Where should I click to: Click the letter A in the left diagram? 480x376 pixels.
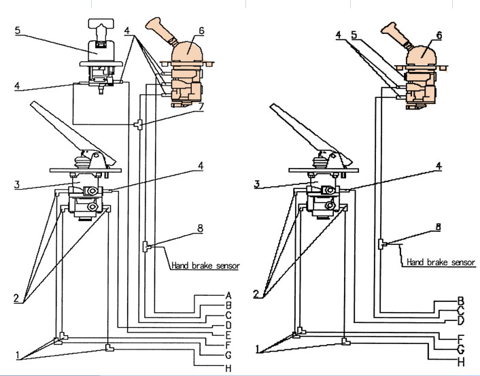[229, 296]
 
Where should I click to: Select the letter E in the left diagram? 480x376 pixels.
[229, 335]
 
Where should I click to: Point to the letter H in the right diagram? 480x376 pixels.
[461, 362]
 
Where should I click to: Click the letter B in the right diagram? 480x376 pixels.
[461, 300]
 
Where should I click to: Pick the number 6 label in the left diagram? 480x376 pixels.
[201, 31]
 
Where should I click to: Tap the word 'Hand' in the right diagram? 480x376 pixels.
[416, 262]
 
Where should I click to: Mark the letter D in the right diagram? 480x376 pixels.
[461, 320]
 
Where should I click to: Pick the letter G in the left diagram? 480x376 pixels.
[229, 355]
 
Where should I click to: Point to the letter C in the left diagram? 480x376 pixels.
[229, 315]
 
